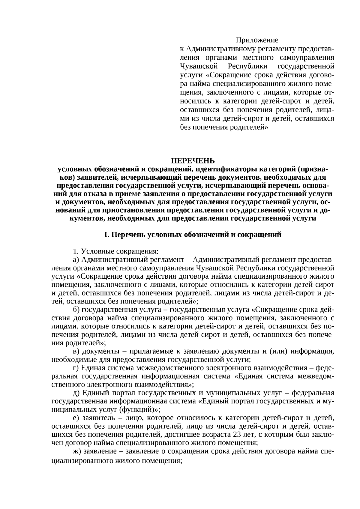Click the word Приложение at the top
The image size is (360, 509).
[x=257, y=40]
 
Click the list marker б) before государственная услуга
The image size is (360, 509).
[x=76, y=310]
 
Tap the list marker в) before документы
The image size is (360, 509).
[x=76, y=351]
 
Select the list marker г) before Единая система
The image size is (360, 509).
[x=76, y=368]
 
